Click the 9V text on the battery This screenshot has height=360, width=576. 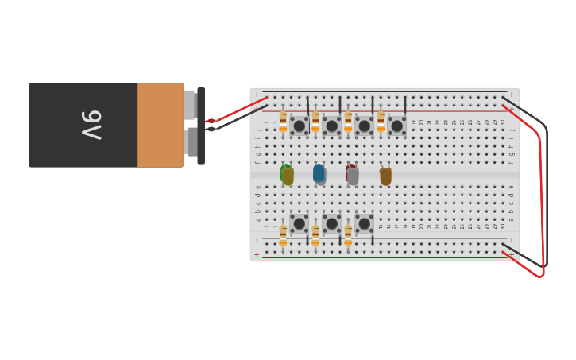click(91, 125)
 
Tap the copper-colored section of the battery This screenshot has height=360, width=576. click(160, 125)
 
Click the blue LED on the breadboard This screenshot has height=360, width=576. click(319, 173)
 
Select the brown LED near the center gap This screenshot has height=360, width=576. click(385, 176)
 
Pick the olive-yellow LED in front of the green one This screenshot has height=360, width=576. click(288, 176)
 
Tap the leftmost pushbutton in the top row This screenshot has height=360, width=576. click(299, 126)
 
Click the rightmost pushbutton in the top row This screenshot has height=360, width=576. click(396, 126)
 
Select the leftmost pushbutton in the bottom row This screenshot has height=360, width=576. click(299, 224)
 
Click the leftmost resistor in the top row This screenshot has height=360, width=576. click(283, 122)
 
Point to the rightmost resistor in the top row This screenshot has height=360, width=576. click(381, 122)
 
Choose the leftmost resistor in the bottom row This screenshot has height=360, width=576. click(283, 235)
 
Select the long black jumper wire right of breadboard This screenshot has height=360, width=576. click(546, 199)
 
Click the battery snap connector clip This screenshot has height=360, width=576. click(200, 125)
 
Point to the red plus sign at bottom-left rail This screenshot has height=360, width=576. click(256, 255)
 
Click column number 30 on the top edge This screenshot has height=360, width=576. click(503, 122)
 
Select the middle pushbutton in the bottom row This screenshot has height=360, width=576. click(331, 224)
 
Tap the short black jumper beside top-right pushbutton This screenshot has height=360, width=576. click(405, 106)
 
